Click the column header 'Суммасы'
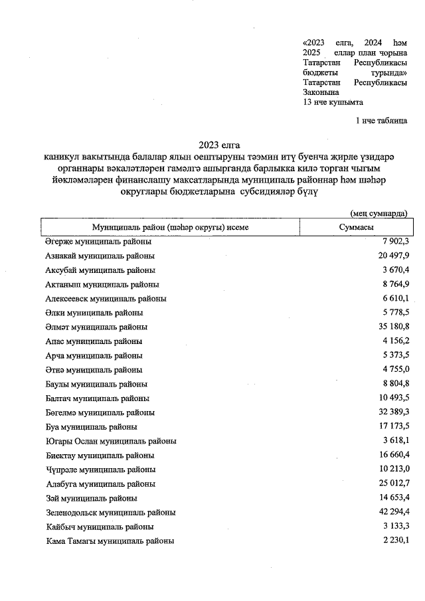[355, 227]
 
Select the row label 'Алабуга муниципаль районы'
[100, 484]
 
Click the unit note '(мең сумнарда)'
[378, 213]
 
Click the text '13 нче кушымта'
[333, 102]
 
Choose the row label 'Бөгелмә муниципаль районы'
[100, 412]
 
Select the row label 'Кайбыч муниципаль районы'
[100, 527]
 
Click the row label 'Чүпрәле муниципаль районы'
[101, 470]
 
